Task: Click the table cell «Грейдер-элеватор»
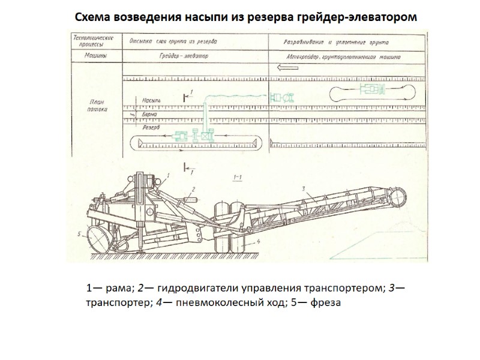point(182,58)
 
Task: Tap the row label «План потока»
point(97,107)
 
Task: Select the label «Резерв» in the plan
point(150,127)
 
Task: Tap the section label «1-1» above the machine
point(236,177)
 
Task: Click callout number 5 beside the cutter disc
point(79,233)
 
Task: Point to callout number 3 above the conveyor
point(304,189)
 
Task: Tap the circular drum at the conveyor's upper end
point(398,196)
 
